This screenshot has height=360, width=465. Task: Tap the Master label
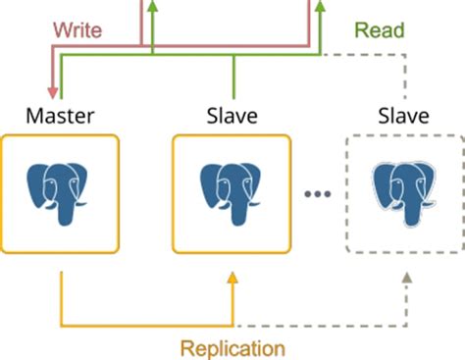[x=61, y=117]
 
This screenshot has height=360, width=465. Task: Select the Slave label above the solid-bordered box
[x=232, y=117]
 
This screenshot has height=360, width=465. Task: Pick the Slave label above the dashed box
[x=403, y=117]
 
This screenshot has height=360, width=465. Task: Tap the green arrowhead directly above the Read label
[x=318, y=7]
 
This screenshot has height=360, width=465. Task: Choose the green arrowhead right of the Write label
[x=154, y=7]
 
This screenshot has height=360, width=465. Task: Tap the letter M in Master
[x=34, y=117]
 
